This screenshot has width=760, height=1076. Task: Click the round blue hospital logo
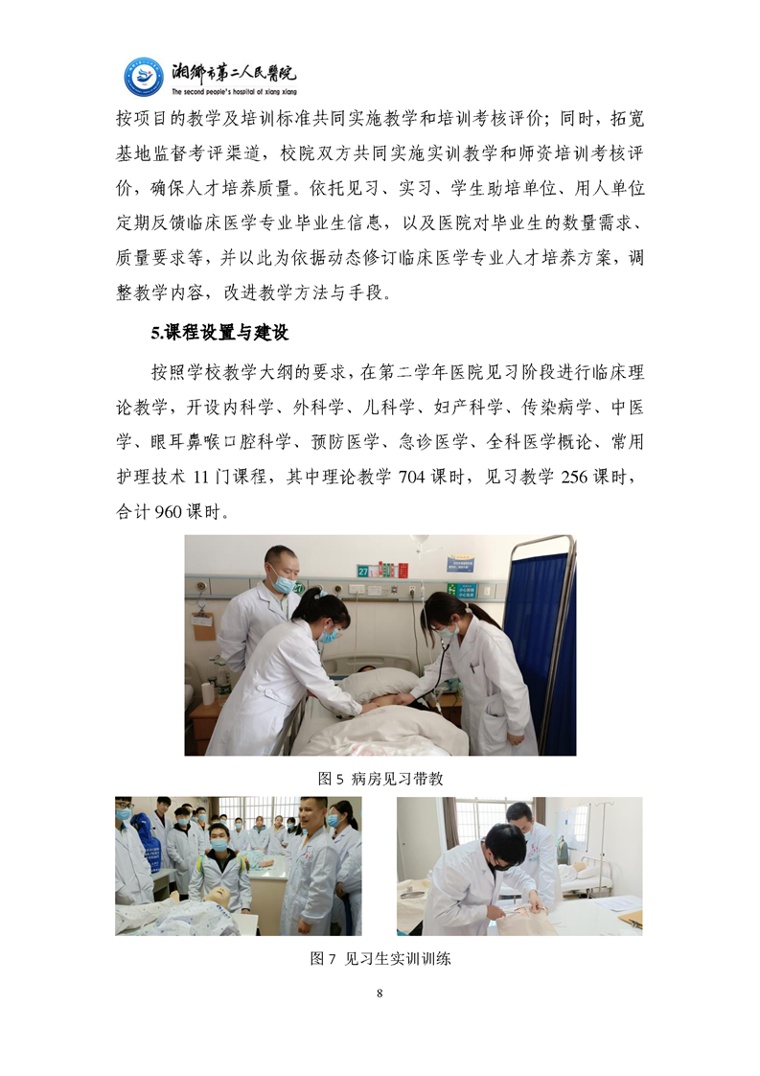tap(144, 77)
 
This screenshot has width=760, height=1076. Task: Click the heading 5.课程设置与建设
tap(220, 334)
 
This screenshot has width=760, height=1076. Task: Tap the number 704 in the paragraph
tap(411, 477)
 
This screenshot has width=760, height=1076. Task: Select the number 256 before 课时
tap(574, 477)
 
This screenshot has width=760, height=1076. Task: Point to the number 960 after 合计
tap(168, 512)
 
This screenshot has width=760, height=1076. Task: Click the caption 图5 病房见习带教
tap(380, 778)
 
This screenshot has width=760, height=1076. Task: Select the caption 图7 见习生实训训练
tap(380, 958)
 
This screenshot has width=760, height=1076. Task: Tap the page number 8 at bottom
tap(380, 993)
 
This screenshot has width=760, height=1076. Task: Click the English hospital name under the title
tap(234, 91)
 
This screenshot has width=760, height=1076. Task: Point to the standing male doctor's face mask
tap(282, 583)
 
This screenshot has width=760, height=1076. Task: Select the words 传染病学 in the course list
tap(556, 408)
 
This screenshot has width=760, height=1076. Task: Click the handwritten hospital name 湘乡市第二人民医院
tap(234, 72)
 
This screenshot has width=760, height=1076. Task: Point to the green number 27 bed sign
tap(363, 571)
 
